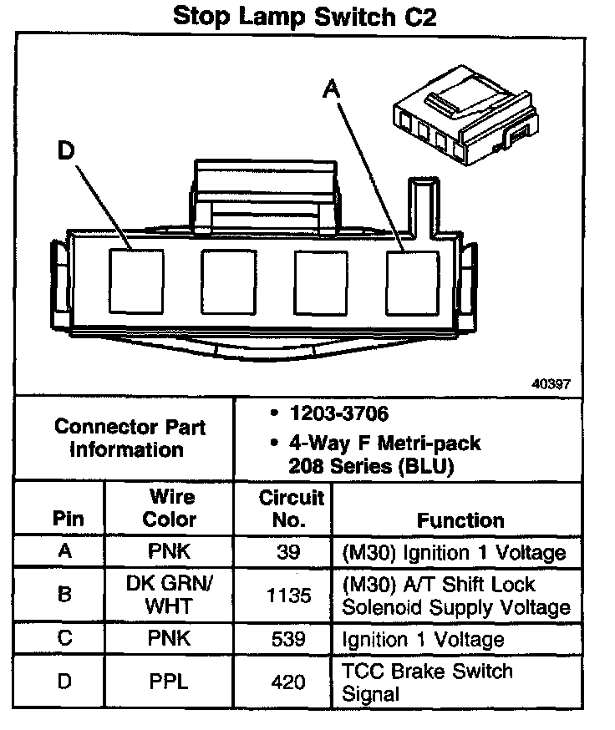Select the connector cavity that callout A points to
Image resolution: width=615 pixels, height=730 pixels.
pyautogui.click(x=412, y=282)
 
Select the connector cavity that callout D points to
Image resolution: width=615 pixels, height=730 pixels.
pyautogui.click(x=136, y=282)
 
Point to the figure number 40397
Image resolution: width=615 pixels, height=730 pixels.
pyautogui.click(x=551, y=384)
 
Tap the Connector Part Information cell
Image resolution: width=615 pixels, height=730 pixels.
pyautogui.click(x=130, y=438)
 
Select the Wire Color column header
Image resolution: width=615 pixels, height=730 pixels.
pyautogui.click(x=170, y=508)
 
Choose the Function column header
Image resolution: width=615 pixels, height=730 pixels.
pyautogui.click(x=460, y=520)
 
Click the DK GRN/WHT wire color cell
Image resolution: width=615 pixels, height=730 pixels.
pyautogui.click(x=170, y=594)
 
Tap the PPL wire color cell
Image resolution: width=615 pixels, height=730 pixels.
pyautogui.click(x=170, y=682)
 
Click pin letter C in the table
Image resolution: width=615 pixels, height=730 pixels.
pyautogui.click(x=64, y=640)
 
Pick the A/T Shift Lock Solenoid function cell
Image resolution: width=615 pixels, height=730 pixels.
pyautogui.click(x=455, y=596)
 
